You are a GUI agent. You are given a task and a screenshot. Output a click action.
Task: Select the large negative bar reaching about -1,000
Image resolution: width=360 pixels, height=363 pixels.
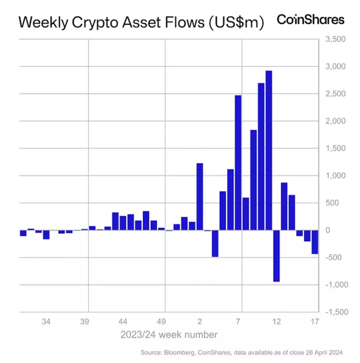point(276,255)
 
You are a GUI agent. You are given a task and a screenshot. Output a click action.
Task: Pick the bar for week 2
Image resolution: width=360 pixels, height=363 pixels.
point(200,196)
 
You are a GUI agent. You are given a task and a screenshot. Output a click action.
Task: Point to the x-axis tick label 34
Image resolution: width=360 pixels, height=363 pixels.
point(46,322)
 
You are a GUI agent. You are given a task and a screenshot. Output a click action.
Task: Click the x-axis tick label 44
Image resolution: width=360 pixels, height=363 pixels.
point(123,322)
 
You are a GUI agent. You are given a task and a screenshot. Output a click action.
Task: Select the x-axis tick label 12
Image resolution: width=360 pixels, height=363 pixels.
point(276,322)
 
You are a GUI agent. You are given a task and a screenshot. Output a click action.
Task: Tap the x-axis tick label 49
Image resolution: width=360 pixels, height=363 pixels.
point(161,322)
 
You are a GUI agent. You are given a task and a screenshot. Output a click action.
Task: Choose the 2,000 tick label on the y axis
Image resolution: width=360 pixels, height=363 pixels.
point(335,121)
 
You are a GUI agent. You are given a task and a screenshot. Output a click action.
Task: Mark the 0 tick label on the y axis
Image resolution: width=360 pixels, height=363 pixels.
point(328,230)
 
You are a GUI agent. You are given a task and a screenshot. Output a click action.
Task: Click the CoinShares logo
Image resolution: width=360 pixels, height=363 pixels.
point(310,20)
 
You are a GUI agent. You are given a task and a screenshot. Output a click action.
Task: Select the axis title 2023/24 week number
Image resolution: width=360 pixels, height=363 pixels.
point(169,334)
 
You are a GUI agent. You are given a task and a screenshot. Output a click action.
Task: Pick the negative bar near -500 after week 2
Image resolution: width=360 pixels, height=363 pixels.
point(215,243)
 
